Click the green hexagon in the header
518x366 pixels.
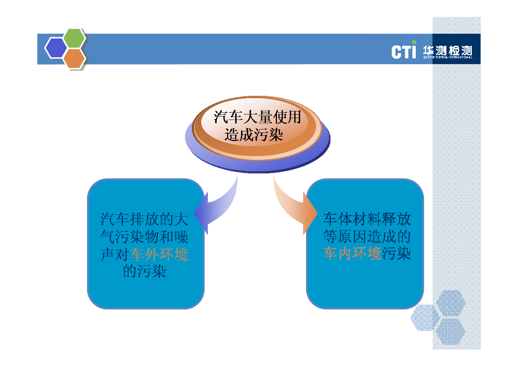[74, 38]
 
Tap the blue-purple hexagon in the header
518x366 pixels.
[56, 48]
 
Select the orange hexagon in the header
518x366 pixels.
[74, 58]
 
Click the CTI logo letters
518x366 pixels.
[404, 51]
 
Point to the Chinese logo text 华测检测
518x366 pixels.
[448, 51]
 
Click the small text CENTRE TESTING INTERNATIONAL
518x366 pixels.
[448, 57]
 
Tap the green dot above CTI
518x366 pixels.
[414, 42]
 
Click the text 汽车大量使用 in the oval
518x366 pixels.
[257, 117]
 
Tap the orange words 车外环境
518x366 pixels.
[159, 254]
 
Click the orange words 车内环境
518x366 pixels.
[352, 253]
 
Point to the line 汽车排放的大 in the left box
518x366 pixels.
[144, 219]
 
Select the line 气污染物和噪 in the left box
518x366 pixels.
[144, 236]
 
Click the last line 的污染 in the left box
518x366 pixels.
[144, 271]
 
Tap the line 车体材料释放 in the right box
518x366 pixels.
[367, 219]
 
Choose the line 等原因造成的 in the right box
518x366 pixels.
[367, 236]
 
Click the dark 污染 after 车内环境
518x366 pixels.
[396, 253]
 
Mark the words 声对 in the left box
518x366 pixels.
[115, 254]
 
